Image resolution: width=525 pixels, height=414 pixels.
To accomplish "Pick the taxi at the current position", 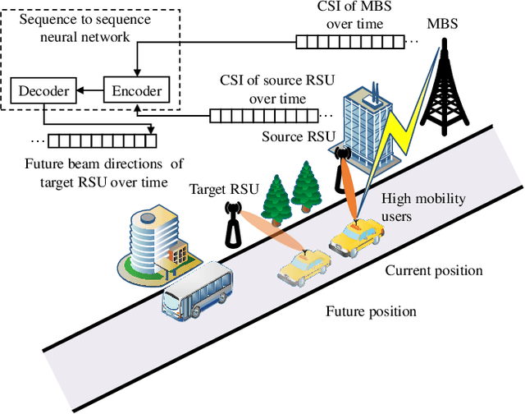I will tap(358, 236).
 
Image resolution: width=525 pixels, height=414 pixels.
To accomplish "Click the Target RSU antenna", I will tap(232, 223).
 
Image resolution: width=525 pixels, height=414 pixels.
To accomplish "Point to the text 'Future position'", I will tap(371, 311).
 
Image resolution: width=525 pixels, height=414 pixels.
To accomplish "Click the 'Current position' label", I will tap(434, 270).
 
